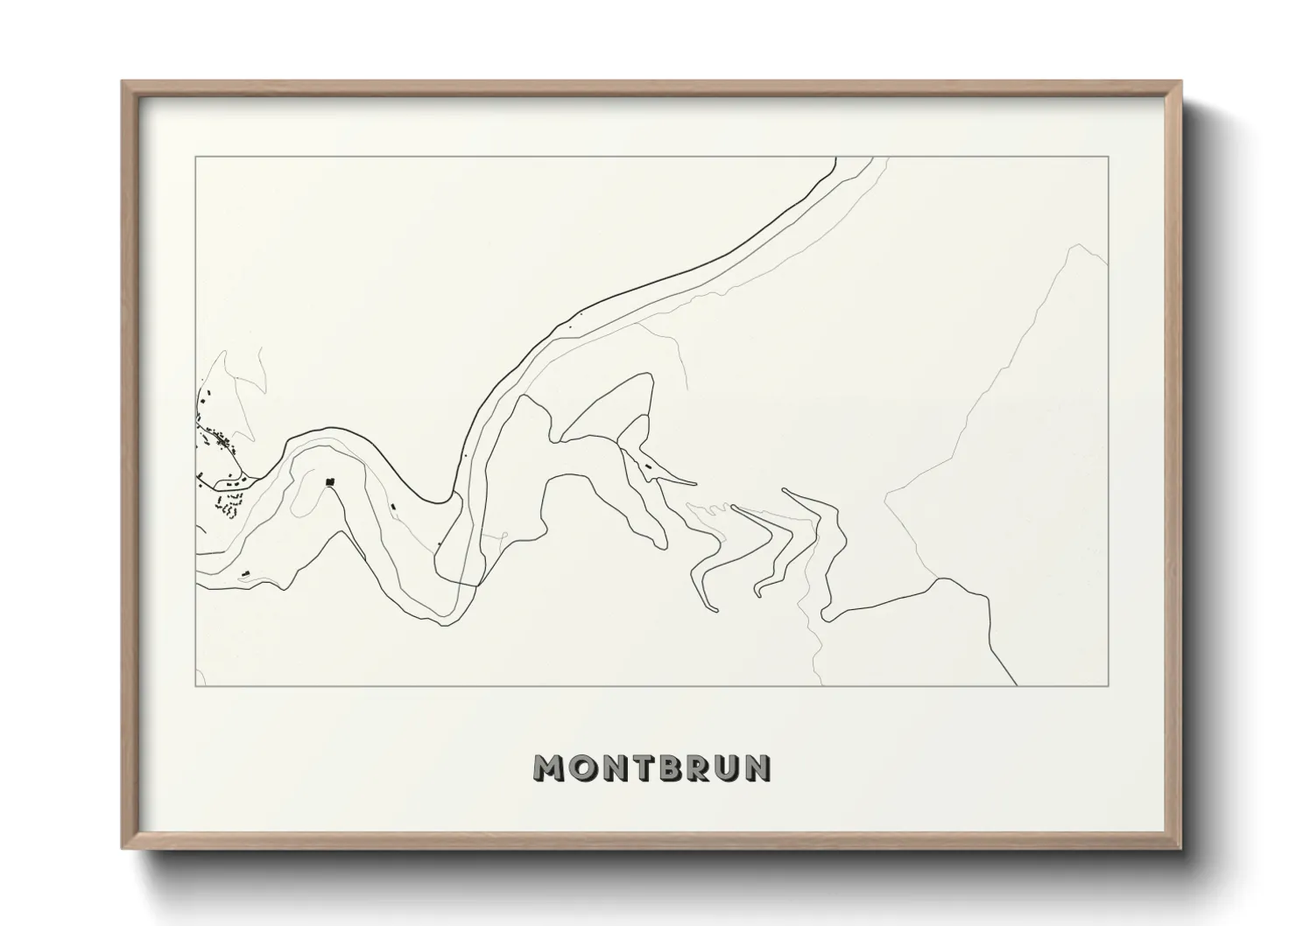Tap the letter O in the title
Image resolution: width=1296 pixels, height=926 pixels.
584,768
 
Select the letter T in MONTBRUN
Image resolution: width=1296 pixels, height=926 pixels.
644,768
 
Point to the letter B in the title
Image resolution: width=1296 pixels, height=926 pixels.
672,768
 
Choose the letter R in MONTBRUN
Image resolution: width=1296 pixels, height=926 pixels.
701,768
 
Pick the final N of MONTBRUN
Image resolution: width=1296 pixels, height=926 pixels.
760,768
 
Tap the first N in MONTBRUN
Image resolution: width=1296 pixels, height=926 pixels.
615,768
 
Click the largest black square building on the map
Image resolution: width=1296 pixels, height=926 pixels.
330,481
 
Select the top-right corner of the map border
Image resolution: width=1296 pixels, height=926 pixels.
1109,157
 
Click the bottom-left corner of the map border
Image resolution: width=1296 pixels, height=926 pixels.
195,686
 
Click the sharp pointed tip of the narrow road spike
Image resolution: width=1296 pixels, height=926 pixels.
696,482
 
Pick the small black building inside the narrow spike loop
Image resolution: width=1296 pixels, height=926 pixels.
649,467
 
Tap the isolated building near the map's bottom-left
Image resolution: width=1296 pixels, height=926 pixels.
246,573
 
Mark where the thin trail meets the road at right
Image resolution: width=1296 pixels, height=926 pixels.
937,579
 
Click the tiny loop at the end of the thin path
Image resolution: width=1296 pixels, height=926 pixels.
505,535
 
